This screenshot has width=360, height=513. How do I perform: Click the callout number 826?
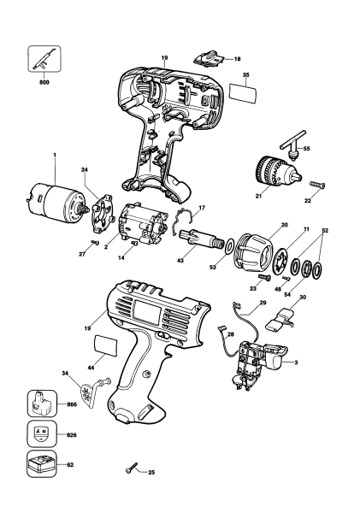pos(70,434)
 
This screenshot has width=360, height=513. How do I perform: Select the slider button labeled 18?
pos(206,58)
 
